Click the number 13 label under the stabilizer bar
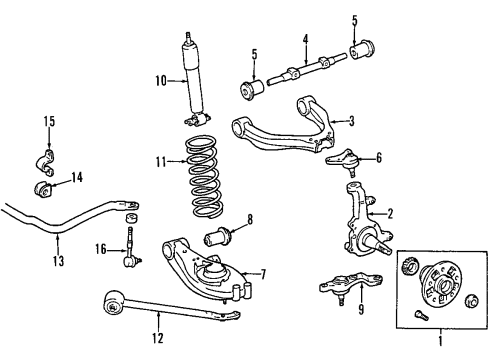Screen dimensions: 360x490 pos(57,263)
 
